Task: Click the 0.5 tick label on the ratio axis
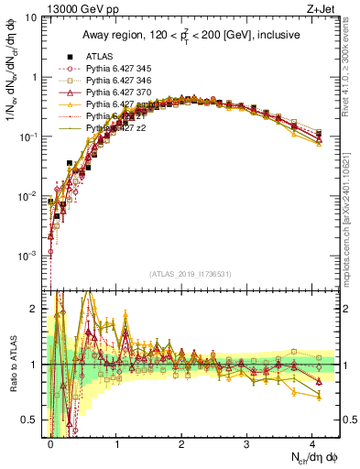[33, 419]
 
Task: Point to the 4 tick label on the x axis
[312, 442]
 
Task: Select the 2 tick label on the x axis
[181, 442]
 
